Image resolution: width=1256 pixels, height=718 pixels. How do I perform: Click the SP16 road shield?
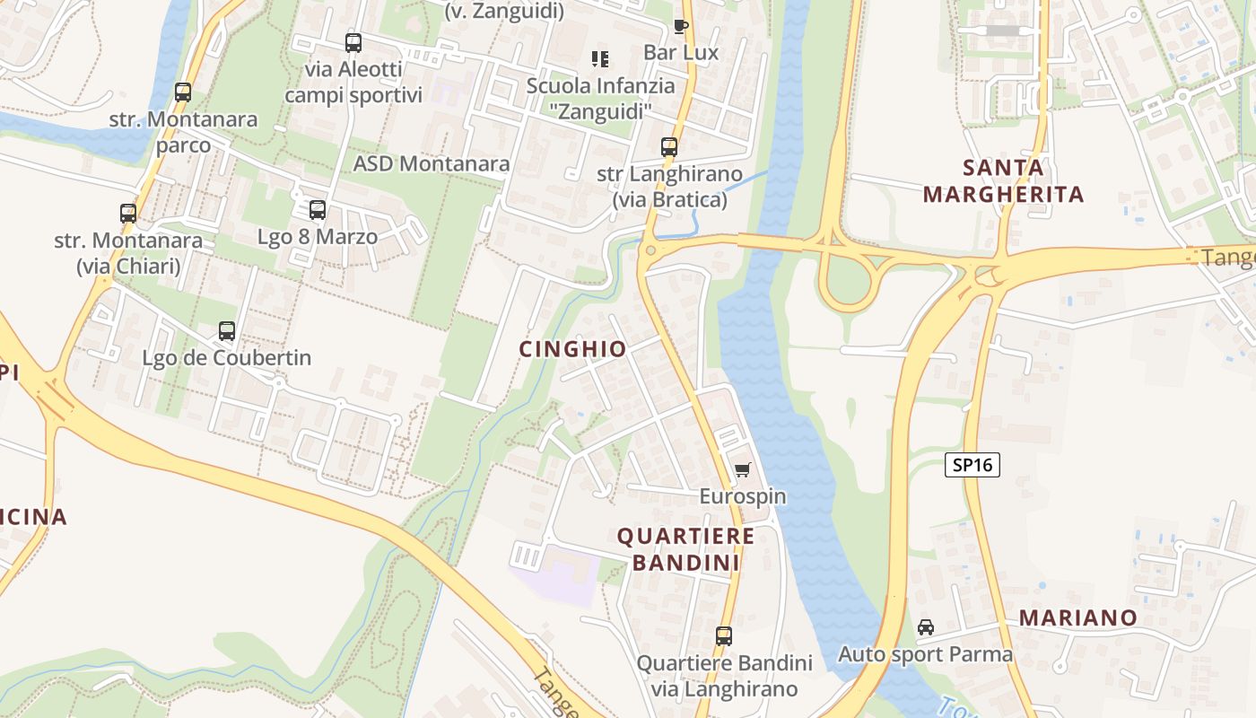[x=972, y=465]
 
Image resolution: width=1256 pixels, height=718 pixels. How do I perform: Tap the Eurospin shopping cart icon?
[x=742, y=469]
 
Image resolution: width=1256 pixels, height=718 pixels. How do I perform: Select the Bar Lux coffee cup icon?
[x=681, y=26]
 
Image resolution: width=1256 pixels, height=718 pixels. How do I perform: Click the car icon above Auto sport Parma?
[x=926, y=626]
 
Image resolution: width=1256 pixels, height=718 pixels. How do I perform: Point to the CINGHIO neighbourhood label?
[x=572, y=349]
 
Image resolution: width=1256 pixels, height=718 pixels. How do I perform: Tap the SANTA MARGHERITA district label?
[x=1003, y=180]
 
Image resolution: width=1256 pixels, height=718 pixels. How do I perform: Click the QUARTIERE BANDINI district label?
[x=686, y=549]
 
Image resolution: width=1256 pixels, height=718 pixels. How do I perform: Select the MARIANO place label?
[x=1078, y=617]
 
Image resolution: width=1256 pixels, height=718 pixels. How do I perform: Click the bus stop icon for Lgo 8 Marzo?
[x=318, y=210]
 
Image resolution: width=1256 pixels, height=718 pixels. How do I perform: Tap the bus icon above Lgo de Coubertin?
[x=227, y=330]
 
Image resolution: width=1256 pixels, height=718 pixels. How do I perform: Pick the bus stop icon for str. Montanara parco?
[x=183, y=92]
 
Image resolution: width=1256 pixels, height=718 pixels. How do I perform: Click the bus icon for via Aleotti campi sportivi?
[x=353, y=42]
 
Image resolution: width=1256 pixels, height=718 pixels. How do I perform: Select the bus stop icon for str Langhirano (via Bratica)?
[x=669, y=146]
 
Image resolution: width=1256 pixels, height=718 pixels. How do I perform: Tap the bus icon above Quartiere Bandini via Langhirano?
[x=724, y=635]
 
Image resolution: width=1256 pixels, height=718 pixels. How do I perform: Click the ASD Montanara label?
[x=432, y=163]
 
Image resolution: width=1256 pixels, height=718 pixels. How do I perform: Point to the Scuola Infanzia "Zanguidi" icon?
[x=600, y=59]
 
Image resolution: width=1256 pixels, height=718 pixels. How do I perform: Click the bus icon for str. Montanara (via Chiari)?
[x=128, y=214]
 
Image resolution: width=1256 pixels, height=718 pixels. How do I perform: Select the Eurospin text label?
[x=743, y=496]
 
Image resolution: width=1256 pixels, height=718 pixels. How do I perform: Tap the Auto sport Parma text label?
[x=925, y=654]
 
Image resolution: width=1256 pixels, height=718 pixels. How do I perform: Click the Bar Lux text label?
[x=681, y=53]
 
